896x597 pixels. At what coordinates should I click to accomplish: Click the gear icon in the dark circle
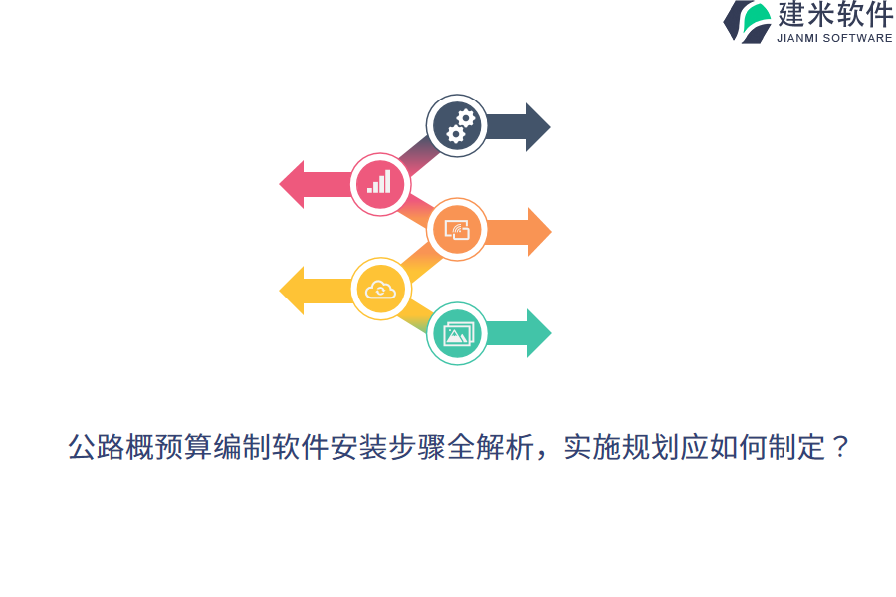tap(457, 125)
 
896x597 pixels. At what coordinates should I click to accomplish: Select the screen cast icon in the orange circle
tap(457, 230)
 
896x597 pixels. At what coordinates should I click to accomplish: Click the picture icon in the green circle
tap(457, 334)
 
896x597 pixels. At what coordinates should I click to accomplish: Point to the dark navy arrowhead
tap(537, 127)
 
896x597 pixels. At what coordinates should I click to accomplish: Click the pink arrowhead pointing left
tap(292, 184)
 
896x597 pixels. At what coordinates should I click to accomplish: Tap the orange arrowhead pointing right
tap(538, 232)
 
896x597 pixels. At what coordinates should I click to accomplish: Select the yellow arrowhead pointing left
tap(292, 291)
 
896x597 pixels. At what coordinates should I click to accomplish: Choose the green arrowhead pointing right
tap(538, 333)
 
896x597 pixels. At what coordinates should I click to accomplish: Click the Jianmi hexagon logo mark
tap(747, 21)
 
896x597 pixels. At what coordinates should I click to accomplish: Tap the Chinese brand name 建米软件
tap(834, 15)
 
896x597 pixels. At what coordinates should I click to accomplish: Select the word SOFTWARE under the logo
tap(859, 38)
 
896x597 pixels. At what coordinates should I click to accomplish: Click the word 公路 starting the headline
tap(97, 448)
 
